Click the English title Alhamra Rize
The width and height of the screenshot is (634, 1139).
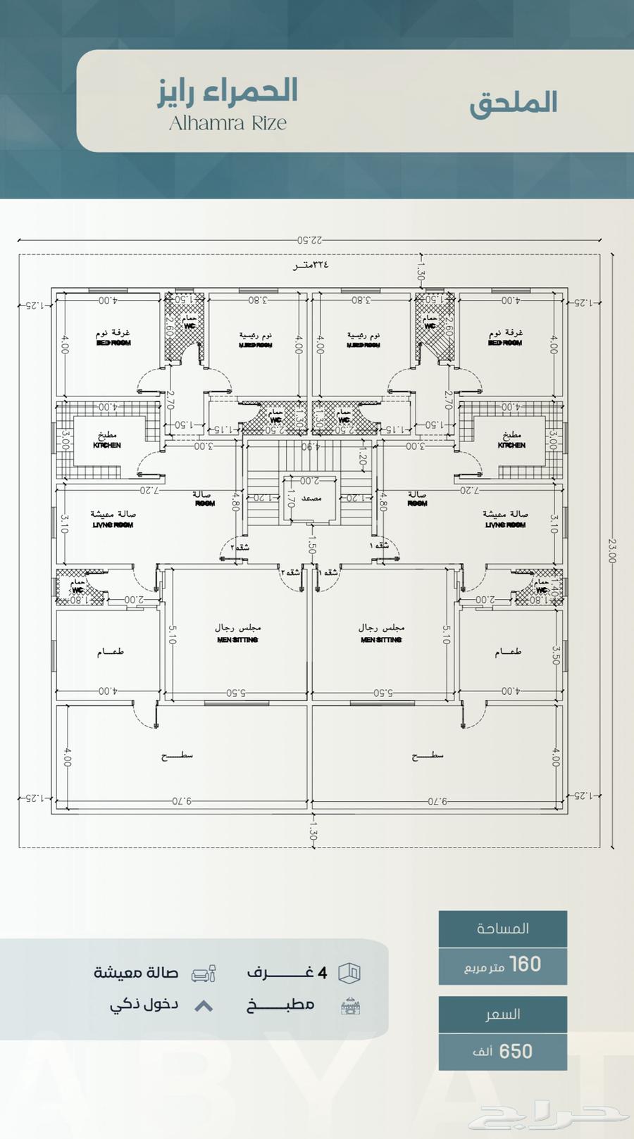pos(228,123)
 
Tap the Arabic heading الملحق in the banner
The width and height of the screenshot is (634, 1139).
pos(514,103)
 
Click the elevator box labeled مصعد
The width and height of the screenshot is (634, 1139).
pos(311,498)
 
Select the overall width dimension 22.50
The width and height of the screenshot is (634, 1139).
pos(309,240)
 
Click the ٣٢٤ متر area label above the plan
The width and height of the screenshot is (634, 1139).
pos(311,265)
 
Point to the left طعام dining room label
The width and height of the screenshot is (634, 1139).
pos(111,653)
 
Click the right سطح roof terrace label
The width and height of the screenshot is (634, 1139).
pos(428,756)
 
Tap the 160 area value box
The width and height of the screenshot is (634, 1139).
pos(502,965)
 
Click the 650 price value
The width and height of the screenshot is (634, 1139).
pos(502,1051)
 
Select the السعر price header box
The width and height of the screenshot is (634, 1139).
pos(502,1014)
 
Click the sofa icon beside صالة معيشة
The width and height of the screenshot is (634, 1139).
pos(204,974)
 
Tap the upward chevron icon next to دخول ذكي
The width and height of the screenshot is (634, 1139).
pos(204,1006)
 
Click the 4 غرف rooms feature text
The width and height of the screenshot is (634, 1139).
pos(287,973)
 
